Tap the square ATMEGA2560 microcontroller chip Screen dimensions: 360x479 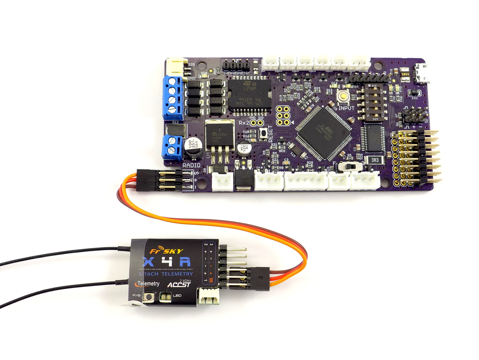324,131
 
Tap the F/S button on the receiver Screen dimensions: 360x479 150,296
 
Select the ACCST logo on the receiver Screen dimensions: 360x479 177,285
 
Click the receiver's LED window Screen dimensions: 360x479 164,297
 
